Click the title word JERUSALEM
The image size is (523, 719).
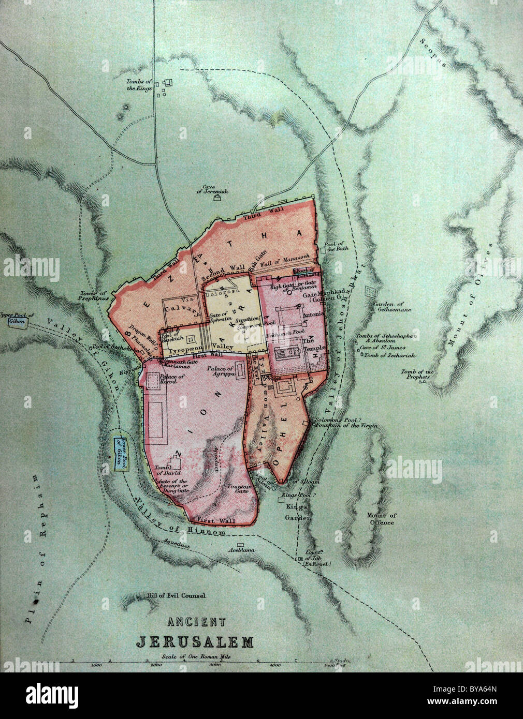(195, 642)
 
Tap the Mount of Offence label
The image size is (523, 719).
(381, 518)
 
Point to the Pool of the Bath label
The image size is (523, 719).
(336, 246)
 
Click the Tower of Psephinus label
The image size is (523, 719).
(93, 295)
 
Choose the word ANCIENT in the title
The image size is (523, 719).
(195, 622)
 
